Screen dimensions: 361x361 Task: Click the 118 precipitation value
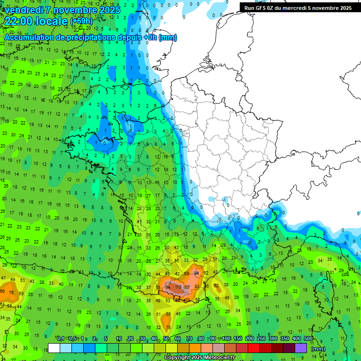click(178, 287)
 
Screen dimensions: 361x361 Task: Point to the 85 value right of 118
click(187, 287)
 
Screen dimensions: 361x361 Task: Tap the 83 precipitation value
click(197, 287)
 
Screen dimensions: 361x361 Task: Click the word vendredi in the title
click(24, 9)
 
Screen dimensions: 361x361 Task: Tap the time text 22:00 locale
click(36, 21)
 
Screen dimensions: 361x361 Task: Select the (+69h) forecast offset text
click(81, 22)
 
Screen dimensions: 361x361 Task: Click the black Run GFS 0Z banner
click(298, 8)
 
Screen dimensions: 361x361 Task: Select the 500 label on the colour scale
click(308, 339)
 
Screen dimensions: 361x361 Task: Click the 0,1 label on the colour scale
click(61, 339)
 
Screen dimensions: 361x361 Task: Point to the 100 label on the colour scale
click(226, 339)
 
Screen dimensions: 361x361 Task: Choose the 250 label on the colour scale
click(261, 339)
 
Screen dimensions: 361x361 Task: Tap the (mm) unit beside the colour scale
click(318, 349)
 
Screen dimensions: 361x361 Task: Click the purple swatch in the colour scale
click(301, 348)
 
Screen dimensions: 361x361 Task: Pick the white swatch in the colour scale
click(54, 348)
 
